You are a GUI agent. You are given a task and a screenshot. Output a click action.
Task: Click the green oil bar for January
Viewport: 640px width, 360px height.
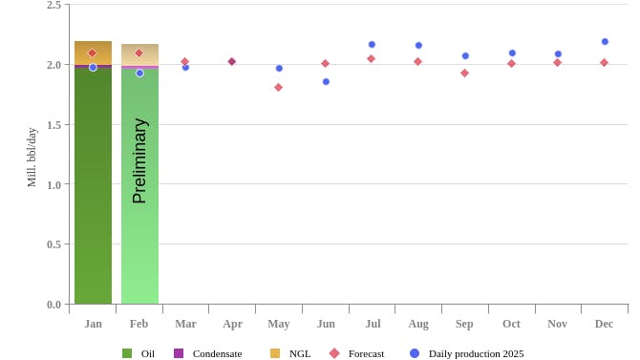[93, 191]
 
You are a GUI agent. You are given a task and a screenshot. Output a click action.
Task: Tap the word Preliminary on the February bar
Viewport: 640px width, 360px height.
[139, 160]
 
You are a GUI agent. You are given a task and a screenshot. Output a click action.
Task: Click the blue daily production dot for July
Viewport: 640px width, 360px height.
[372, 44]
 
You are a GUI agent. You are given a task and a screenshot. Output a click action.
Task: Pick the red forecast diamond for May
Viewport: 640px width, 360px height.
[278, 87]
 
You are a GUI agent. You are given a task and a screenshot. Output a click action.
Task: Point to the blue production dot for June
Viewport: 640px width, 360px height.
[326, 81]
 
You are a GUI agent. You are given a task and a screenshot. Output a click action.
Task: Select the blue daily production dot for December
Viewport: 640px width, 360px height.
[605, 41]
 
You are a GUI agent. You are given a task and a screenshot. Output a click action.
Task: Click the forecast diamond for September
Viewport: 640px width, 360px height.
[464, 73]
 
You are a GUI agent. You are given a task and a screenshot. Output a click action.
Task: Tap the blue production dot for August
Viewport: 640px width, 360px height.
[418, 45]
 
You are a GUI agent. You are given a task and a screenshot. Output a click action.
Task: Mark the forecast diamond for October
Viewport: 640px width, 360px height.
[511, 63]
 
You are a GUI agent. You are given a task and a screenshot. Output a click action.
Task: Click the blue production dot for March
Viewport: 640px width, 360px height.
[185, 67]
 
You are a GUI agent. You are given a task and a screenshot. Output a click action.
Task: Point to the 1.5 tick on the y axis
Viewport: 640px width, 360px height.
[53, 125]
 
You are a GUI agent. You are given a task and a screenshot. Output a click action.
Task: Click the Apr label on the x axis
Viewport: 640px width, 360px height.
[232, 324]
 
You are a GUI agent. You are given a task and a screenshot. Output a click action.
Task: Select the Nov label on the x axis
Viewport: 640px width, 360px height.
[557, 324]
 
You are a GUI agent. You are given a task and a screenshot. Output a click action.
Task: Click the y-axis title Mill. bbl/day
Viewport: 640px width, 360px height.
[32, 157]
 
